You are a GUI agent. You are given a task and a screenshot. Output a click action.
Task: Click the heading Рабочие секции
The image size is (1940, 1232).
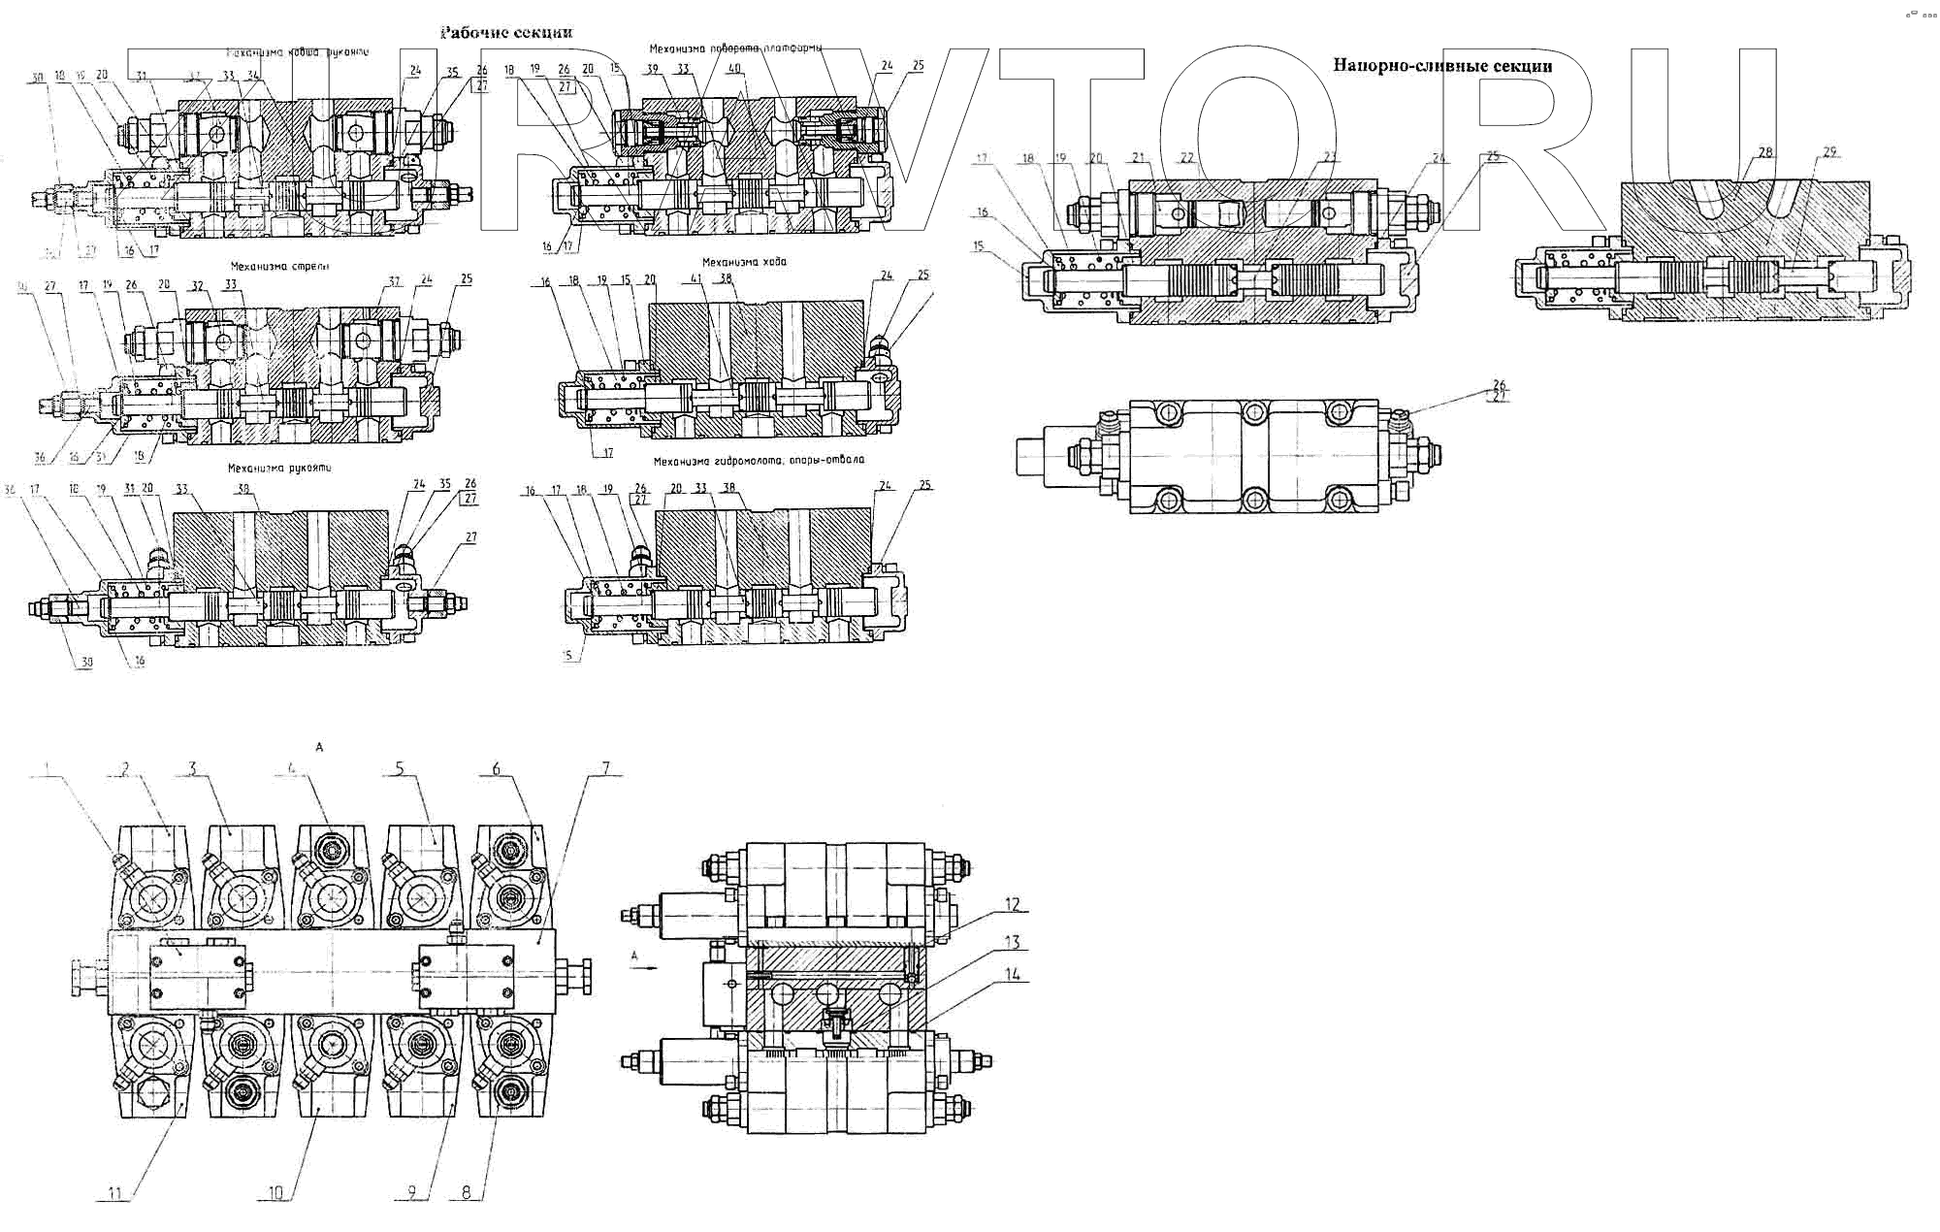tap(506, 32)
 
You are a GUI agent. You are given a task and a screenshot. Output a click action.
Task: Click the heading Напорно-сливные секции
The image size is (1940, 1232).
tap(1441, 66)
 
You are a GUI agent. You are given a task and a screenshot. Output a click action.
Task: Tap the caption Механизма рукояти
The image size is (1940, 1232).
tap(279, 468)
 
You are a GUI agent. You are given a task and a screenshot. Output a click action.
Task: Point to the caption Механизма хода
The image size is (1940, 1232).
tap(744, 262)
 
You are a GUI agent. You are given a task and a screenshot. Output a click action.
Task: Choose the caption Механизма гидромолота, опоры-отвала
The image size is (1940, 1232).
tap(758, 460)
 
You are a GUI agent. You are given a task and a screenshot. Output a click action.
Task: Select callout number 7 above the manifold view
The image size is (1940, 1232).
tap(606, 767)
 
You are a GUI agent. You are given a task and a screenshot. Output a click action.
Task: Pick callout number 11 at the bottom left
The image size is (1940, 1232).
tap(114, 1193)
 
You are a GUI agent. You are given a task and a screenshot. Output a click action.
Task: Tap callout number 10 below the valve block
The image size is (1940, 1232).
tap(276, 1193)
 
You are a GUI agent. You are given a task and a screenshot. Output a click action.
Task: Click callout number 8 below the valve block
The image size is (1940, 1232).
tap(467, 1193)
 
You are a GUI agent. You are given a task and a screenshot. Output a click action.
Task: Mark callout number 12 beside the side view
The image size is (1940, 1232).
tap(1012, 905)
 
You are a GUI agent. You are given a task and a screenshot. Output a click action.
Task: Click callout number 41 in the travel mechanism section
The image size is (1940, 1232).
tap(695, 278)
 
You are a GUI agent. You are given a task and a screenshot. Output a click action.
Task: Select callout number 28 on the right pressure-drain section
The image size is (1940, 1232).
tap(1765, 151)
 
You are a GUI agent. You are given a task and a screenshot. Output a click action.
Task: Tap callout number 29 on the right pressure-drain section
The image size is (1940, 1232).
tap(1829, 151)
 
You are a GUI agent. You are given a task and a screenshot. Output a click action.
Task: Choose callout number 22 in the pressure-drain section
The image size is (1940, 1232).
tap(1186, 157)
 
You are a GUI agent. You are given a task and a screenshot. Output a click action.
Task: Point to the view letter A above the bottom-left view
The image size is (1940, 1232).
tap(318, 747)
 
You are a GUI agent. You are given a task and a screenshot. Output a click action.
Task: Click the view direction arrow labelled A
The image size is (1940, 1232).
tap(644, 966)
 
